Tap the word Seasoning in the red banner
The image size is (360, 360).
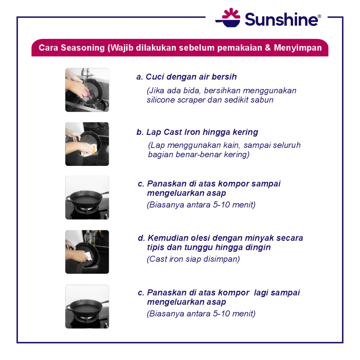83,48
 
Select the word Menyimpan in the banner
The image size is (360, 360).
298,48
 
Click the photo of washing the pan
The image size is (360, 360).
87,90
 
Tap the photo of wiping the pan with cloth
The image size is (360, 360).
87,144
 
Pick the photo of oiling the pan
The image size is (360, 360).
87,252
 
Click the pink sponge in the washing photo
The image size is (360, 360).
86,92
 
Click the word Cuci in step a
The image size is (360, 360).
155,77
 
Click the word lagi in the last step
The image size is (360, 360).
261,293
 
